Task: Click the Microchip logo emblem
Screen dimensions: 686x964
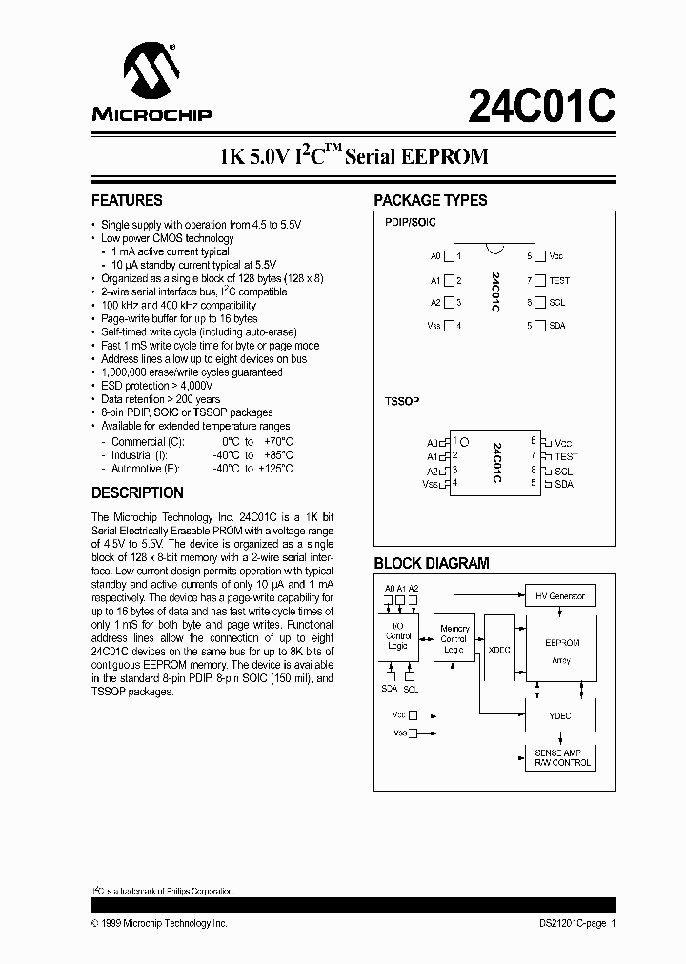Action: tap(148, 73)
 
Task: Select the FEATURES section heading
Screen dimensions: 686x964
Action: tap(127, 201)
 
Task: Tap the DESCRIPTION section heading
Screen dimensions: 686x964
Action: tap(137, 493)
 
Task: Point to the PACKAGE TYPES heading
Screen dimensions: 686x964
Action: tap(430, 201)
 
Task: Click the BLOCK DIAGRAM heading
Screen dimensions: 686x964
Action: tap(431, 563)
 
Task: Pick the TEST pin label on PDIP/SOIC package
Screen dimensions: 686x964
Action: tap(559, 281)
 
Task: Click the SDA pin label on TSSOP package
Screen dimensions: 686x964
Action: tap(564, 484)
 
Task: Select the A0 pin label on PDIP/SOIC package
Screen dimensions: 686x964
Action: tap(435, 256)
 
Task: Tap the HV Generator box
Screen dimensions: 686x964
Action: tap(560, 596)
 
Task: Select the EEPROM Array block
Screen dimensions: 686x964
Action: tap(561, 649)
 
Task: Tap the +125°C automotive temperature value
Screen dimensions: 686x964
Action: tap(276, 469)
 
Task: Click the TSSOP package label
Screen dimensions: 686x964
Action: tap(402, 402)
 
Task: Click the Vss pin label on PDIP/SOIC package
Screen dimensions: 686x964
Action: tap(434, 325)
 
